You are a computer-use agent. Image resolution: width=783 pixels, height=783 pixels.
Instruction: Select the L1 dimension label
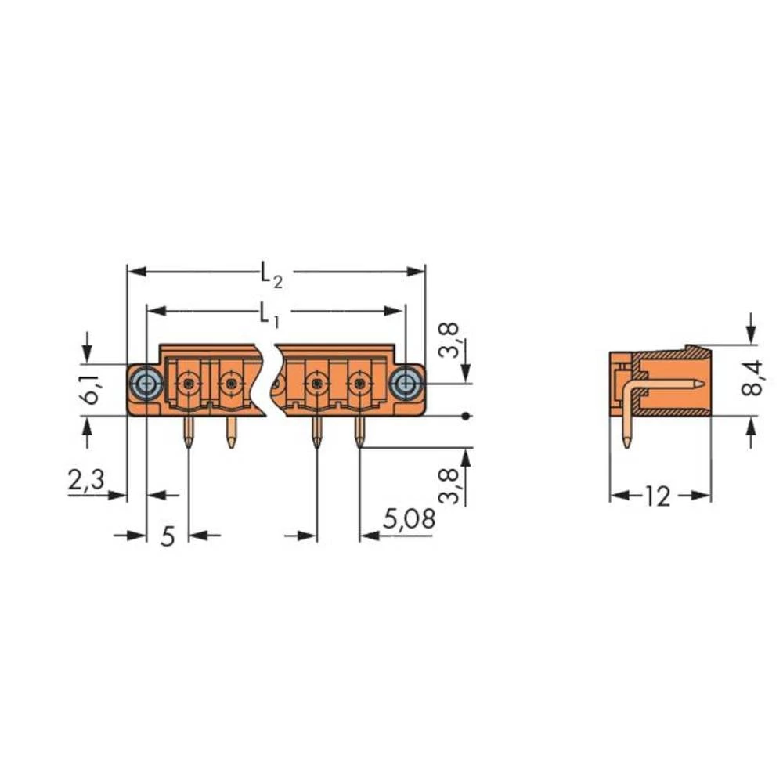pyautogui.click(x=269, y=313)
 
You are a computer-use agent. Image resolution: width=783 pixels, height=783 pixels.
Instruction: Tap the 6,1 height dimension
pyautogui.click(x=91, y=388)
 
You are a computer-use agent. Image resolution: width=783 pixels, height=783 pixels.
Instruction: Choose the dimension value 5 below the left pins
pyautogui.click(x=168, y=537)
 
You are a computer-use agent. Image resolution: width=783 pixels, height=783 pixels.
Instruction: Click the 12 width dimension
pyautogui.click(x=660, y=496)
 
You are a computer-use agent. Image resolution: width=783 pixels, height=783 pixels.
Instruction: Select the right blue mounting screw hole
pyautogui.click(x=405, y=383)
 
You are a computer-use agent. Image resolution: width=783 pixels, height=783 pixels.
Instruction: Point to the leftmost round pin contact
pyautogui.click(x=188, y=384)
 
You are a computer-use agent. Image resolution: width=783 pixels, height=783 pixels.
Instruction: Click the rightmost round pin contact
pyautogui.click(x=359, y=384)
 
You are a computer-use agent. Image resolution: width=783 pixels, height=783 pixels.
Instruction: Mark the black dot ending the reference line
pyautogui.click(x=467, y=415)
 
